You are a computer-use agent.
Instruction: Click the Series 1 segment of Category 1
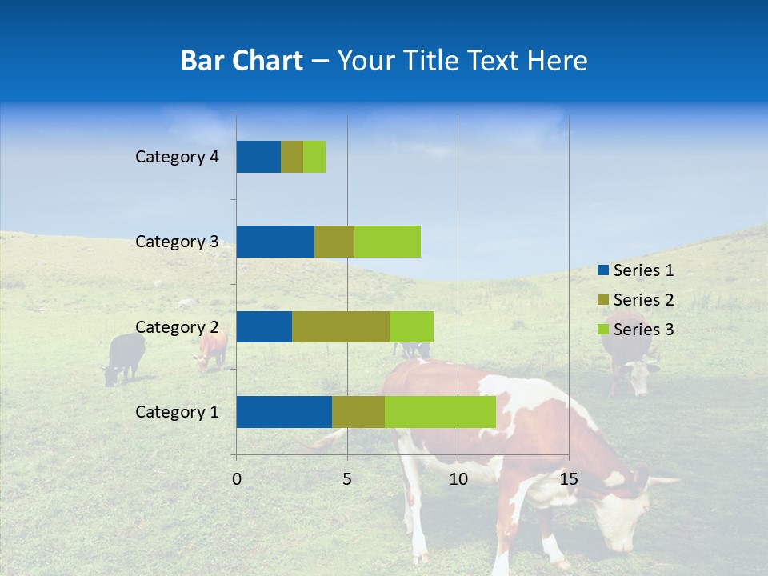point(284,412)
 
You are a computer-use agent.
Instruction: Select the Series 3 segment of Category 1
point(440,412)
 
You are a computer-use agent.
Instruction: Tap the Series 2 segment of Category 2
point(341,326)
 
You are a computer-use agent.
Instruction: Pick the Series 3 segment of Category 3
point(387,242)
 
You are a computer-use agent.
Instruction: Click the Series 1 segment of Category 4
point(258,157)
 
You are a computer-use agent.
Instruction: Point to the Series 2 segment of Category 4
point(292,157)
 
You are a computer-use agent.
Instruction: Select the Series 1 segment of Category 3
point(275,242)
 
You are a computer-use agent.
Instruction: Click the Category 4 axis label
point(177,157)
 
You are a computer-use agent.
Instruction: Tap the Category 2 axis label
point(177,326)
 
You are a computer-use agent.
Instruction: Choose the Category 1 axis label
point(177,412)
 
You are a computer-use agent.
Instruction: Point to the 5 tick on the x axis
point(347,479)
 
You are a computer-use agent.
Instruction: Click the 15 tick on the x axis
point(568,479)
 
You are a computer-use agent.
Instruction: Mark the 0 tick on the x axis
point(237,479)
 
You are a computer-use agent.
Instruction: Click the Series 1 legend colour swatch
point(602,270)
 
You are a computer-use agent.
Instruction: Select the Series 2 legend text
point(643,300)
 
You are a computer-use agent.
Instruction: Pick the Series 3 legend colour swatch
point(602,330)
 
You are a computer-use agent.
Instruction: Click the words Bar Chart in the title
point(242,61)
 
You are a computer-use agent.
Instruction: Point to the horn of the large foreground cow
point(662,482)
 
